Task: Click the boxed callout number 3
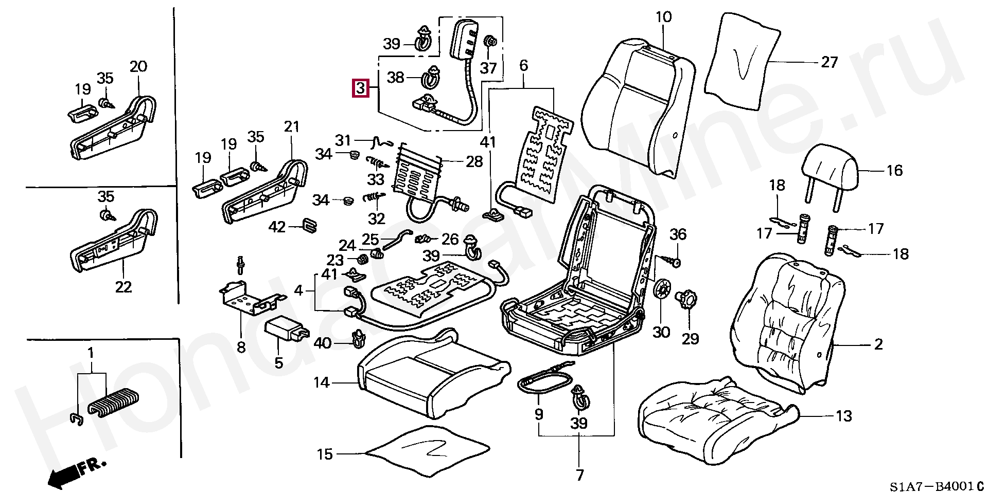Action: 360,88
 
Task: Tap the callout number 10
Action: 663,17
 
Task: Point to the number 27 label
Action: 830,62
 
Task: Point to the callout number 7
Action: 579,475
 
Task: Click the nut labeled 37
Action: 490,40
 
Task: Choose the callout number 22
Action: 123,287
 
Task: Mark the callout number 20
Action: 138,66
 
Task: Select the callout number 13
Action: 843,416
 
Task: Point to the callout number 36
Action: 678,234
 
